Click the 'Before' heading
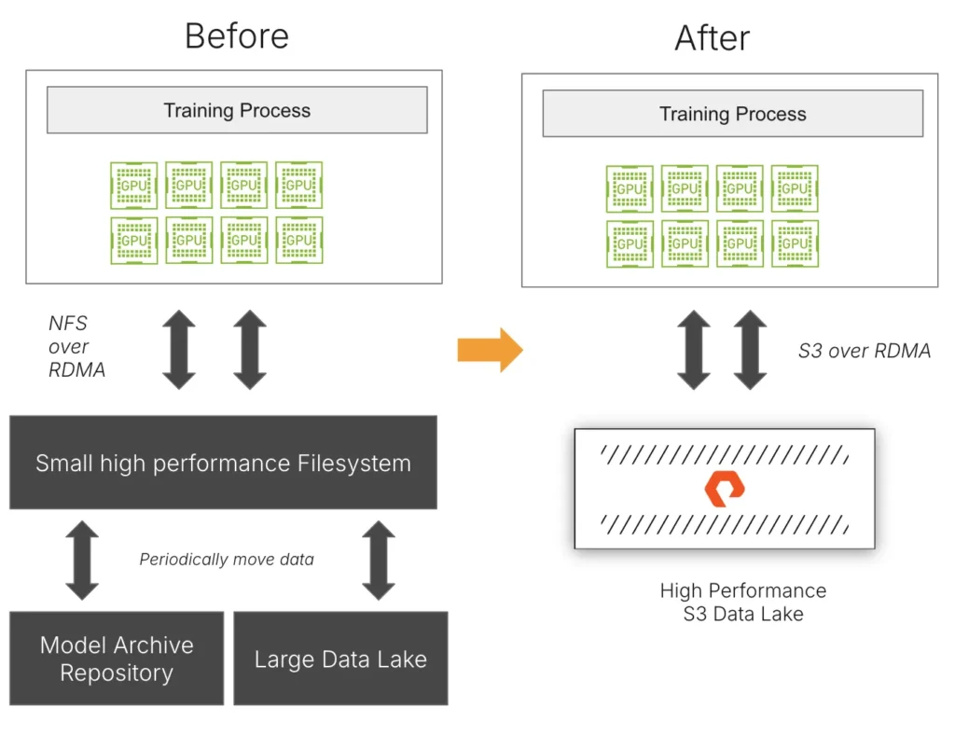237,35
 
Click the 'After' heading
712,38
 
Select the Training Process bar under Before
237,110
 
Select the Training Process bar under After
732,114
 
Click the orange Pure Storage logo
725,489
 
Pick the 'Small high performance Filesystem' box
223,463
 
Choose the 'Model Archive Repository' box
117,659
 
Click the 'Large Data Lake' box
340,659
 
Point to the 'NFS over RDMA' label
76,347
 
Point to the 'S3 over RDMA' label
864,351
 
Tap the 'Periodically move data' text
227,560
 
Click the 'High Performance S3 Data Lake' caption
742,602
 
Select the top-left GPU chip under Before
134,186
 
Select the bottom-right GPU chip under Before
298,241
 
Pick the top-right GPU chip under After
795,188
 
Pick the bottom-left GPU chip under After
630,243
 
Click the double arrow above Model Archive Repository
82,560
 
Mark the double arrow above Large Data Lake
378,560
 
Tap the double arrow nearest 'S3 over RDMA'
751,350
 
